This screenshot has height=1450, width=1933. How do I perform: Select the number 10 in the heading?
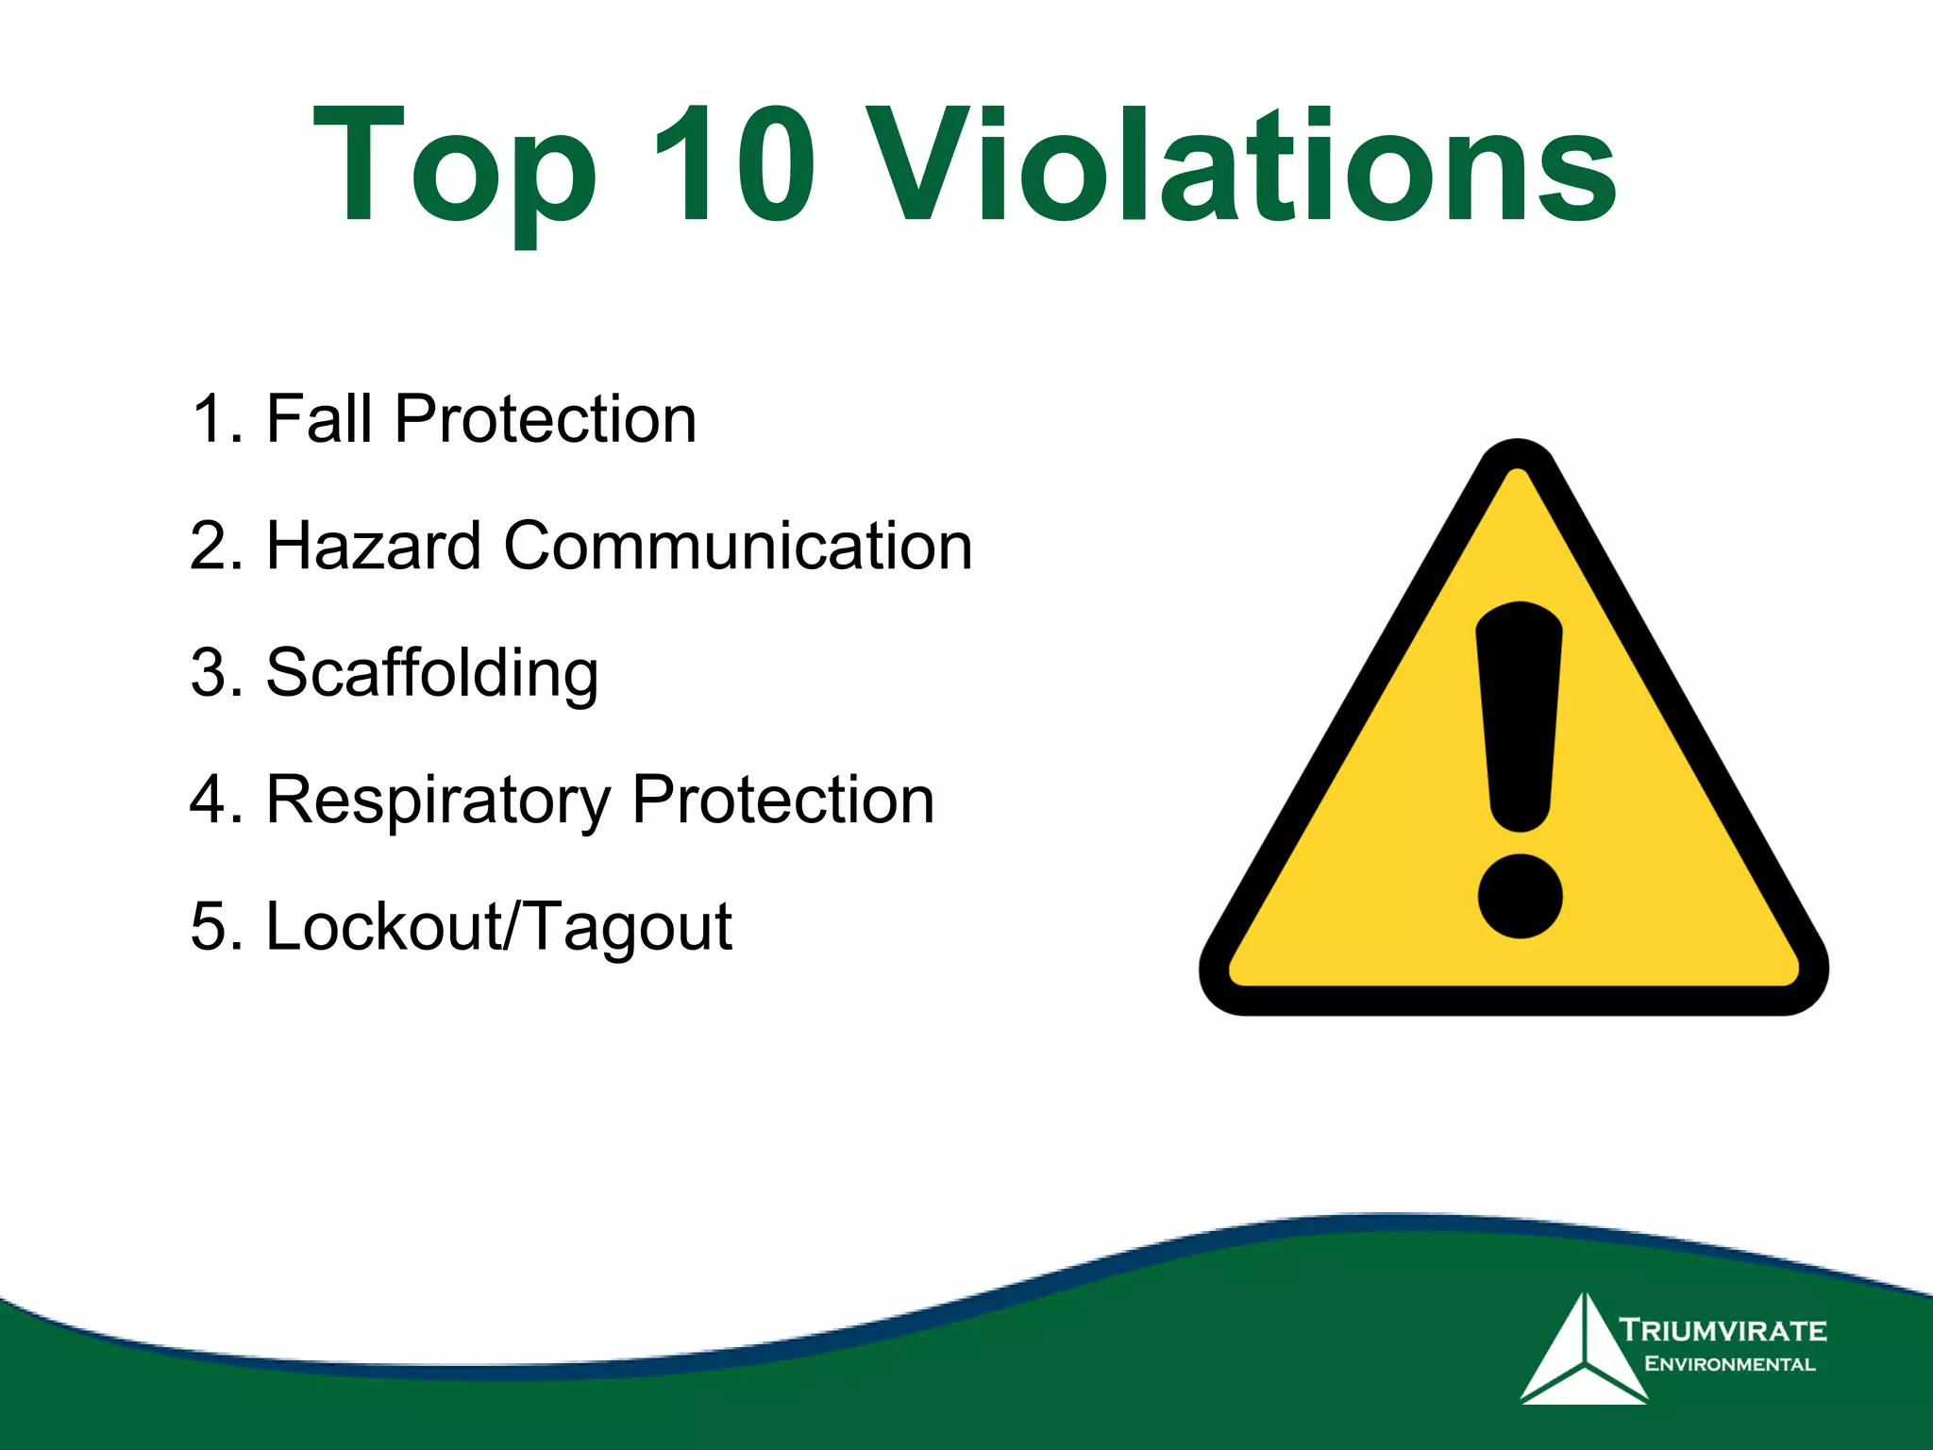731,165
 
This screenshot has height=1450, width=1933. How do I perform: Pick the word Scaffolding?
431,673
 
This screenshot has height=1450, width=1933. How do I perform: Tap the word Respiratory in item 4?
438,801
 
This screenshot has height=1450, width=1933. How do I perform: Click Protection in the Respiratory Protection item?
782,799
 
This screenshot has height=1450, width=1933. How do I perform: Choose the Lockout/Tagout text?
498,926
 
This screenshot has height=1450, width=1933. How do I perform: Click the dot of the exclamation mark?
1520,896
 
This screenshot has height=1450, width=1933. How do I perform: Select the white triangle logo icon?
1581,1354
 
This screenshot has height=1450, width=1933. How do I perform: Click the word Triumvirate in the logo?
1723,1330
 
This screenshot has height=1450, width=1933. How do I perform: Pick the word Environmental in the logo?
1729,1364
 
